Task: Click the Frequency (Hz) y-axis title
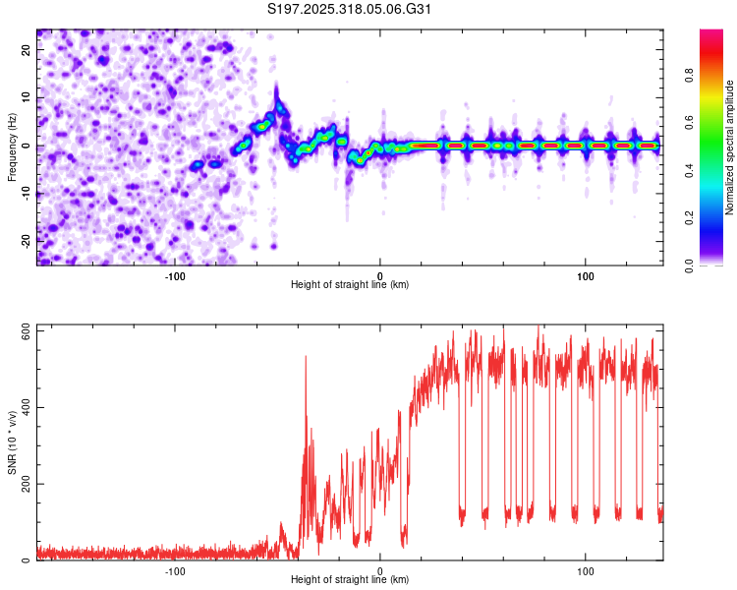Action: tap(12, 147)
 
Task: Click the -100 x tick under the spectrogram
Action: tap(176, 274)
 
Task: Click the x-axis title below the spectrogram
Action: tap(350, 285)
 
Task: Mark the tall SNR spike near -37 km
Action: tap(306, 358)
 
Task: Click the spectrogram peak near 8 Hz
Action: tap(279, 106)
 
